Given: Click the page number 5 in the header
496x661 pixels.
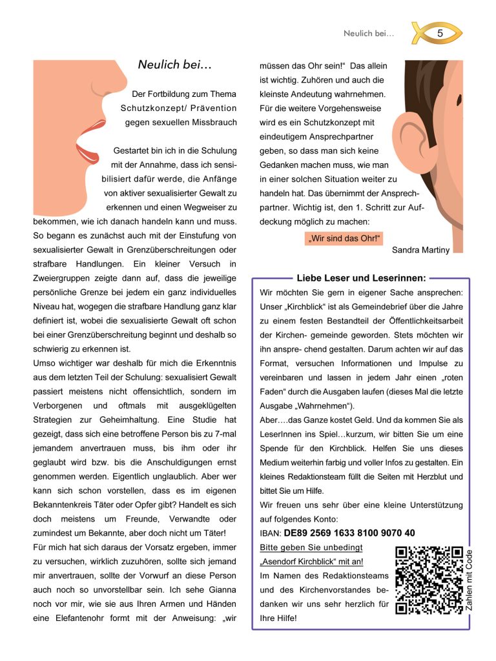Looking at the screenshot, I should (x=440, y=33).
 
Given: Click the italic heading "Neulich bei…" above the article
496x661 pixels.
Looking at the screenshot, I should (x=174, y=65).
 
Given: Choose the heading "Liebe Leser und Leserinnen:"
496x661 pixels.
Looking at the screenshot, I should (x=361, y=278).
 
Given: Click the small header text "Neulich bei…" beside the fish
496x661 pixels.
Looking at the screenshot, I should (x=369, y=33).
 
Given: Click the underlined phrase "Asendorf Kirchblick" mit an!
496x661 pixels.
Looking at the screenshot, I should (x=311, y=562).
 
